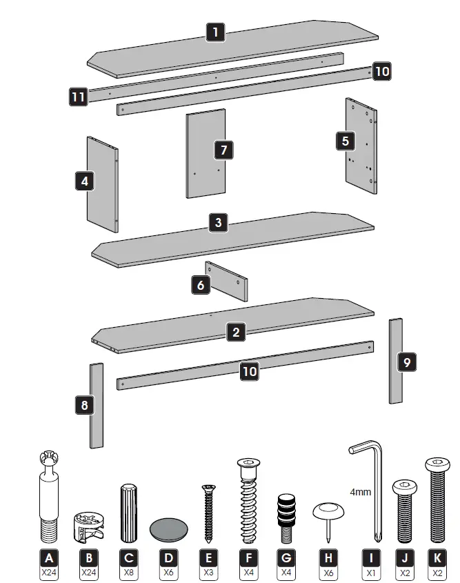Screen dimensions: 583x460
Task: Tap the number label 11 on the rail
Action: [x=79, y=97]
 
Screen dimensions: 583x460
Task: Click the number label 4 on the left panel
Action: [x=84, y=181]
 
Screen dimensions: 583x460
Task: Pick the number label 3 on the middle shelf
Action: [x=218, y=222]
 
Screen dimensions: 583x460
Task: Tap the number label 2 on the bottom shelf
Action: [x=236, y=333]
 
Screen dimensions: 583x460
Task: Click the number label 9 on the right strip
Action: [x=407, y=361]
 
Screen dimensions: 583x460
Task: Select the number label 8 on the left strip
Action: [x=84, y=405]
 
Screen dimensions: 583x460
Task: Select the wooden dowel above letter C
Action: [x=129, y=513]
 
